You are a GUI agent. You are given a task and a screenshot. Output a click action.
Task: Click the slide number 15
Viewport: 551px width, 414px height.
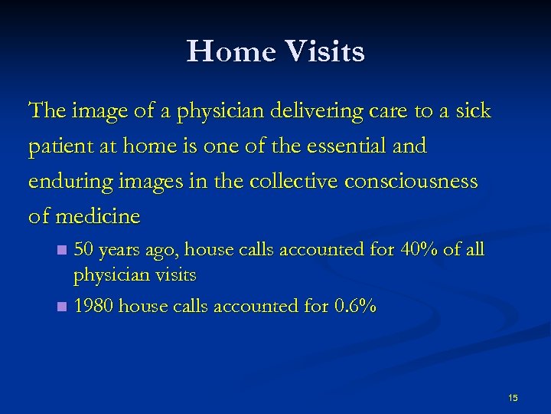click(513, 397)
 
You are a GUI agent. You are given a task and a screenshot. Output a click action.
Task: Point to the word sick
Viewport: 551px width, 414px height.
click(473, 112)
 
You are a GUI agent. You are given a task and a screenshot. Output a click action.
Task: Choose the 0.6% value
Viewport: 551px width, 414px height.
click(356, 307)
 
